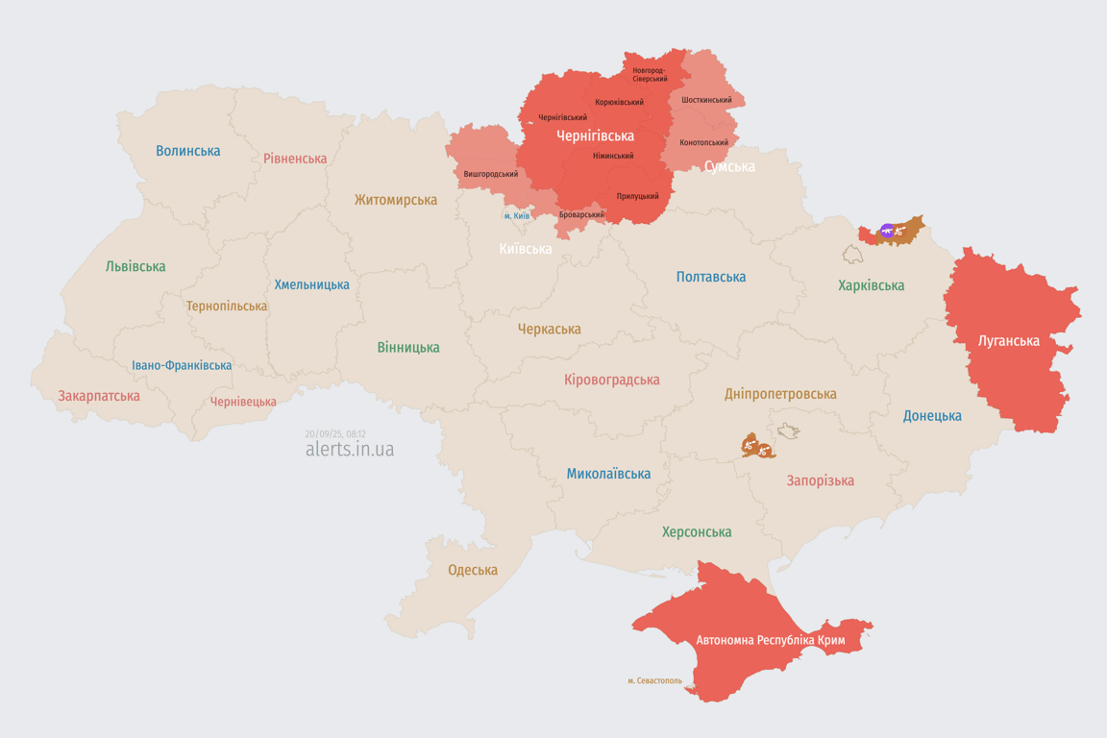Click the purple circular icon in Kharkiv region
tap(887, 231)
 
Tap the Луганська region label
tap(1008, 340)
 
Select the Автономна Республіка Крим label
tap(770, 640)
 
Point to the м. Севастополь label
tap(654, 680)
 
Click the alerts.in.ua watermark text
tap(349, 449)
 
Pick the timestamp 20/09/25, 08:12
tap(335, 434)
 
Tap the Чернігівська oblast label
tap(595, 135)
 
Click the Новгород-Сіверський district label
tap(650, 74)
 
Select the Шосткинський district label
tap(706, 100)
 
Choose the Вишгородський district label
tap(490, 174)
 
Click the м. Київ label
tap(516, 215)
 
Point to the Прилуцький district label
tap(637, 196)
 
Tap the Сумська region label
tap(728, 166)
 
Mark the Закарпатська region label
tap(99, 396)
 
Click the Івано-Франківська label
tap(182, 365)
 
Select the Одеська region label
tap(473, 570)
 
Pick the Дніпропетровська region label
tap(780, 394)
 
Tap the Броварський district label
tap(581, 214)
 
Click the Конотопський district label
tap(703, 142)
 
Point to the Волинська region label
tap(188, 151)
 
